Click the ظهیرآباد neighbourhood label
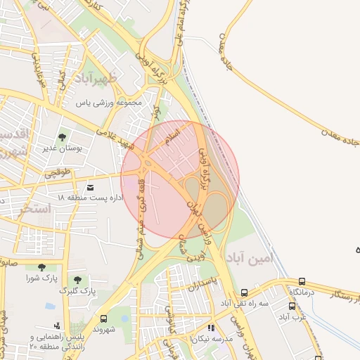tap(106, 79)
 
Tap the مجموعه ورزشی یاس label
tap(110, 103)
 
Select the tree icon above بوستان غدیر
tap(63, 137)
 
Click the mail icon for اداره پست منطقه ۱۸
tap(90, 188)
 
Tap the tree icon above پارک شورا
tap(41, 267)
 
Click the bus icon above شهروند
tap(104, 319)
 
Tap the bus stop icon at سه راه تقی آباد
tap(244, 292)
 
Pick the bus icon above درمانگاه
tap(302, 281)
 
